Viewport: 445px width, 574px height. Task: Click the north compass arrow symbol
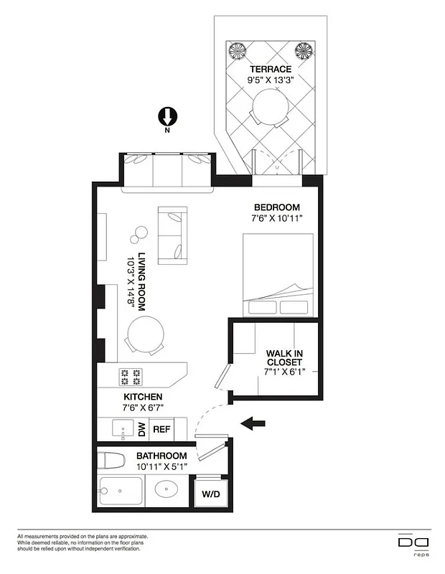tap(167, 117)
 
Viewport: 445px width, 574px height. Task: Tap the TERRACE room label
tap(270, 69)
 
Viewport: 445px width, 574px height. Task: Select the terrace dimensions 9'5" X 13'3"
tap(270, 80)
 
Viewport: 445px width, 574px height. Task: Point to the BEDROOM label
tap(275, 207)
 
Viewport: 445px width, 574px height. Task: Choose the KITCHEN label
tap(143, 397)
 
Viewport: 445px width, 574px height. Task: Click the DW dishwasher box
tap(141, 430)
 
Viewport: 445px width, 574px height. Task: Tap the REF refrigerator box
tap(161, 430)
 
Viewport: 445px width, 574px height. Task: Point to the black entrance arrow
tap(254, 424)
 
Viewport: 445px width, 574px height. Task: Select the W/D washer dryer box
tap(211, 493)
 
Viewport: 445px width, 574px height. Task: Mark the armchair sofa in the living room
tap(173, 235)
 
